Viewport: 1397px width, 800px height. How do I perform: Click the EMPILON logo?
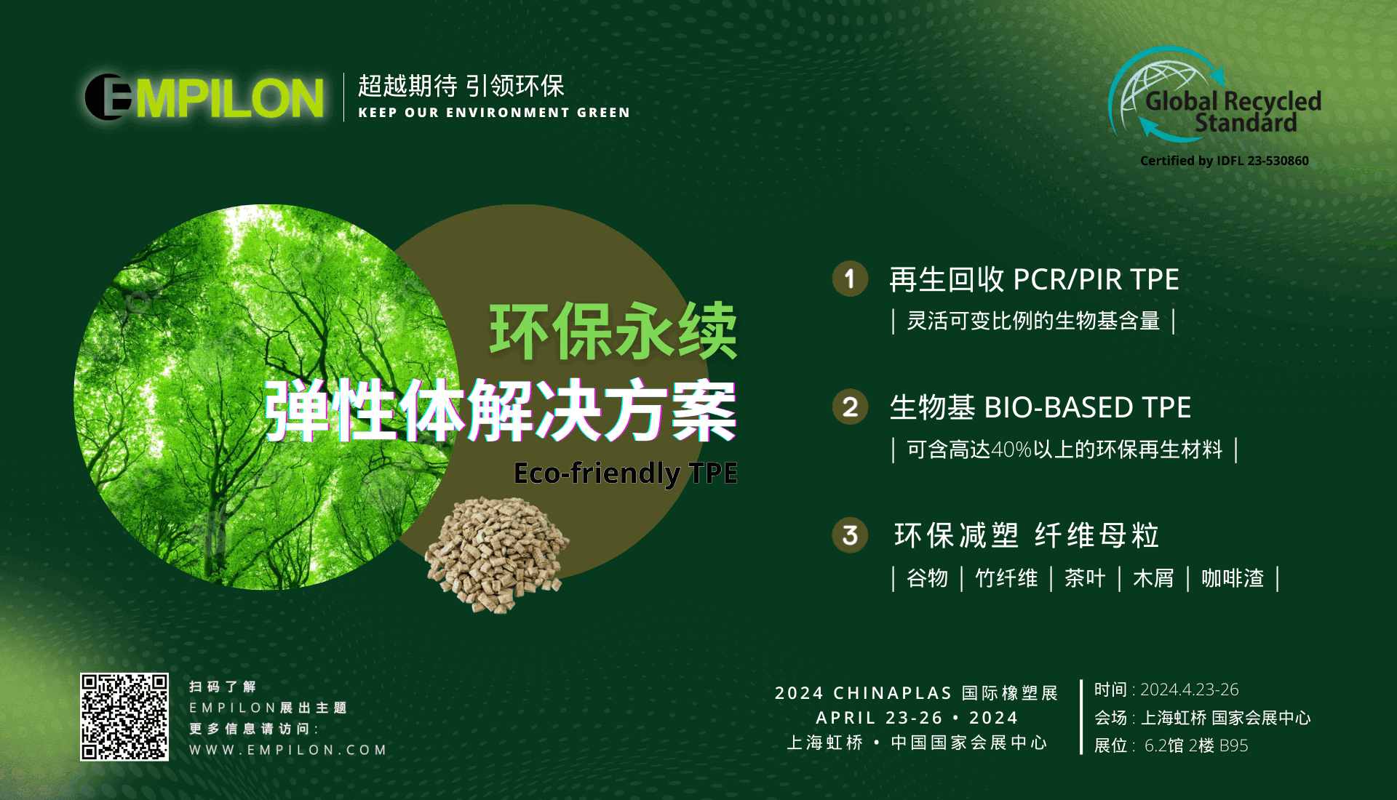coord(204,97)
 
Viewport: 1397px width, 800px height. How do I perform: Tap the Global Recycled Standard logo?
coord(1214,95)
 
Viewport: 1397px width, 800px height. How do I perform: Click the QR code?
coord(124,717)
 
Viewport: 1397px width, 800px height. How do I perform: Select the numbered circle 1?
coord(850,279)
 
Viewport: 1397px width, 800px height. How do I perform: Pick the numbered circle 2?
coord(850,407)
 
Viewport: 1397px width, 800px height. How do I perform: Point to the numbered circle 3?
coord(850,536)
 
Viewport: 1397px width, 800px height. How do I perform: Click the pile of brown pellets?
coord(497,555)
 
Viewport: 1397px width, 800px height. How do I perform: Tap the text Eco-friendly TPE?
coord(626,473)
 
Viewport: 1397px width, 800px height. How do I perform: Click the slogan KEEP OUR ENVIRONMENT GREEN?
coord(494,113)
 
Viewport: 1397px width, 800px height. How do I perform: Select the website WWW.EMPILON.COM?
coord(288,750)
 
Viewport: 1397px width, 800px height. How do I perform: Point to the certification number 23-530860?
coord(1278,161)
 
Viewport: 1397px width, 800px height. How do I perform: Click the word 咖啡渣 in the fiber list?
coord(1233,578)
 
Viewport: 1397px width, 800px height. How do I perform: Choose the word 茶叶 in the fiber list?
coord(1085,578)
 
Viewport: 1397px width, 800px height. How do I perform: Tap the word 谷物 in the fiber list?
coord(928,578)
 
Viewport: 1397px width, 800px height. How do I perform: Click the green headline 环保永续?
coord(613,332)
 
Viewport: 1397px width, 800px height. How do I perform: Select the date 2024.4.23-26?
coord(1190,689)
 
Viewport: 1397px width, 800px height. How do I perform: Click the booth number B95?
coord(1234,745)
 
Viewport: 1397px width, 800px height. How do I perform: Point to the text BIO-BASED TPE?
coord(1088,407)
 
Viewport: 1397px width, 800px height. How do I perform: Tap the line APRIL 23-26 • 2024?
coord(917,718)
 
